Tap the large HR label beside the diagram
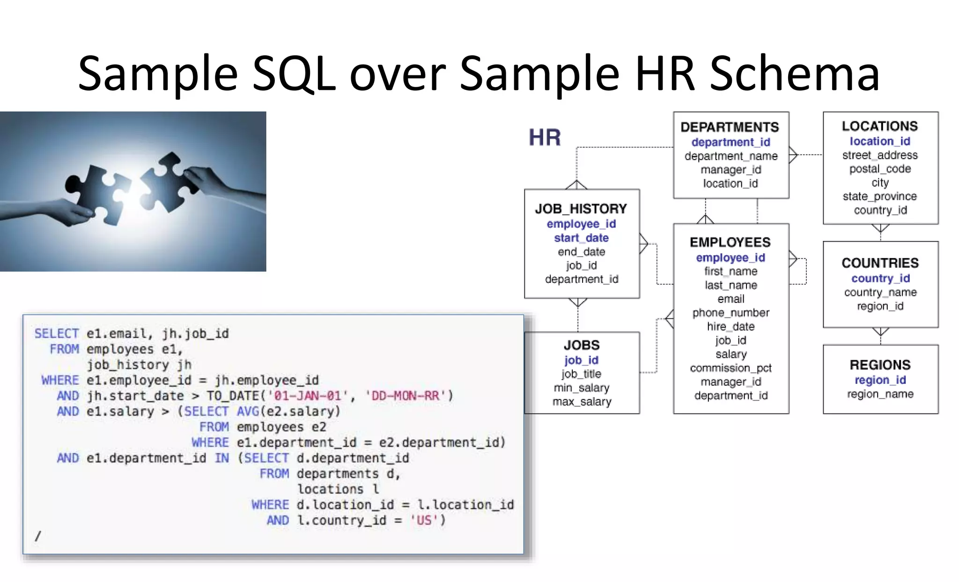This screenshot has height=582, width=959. (x=545, y=138)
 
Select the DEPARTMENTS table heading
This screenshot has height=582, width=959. (x=730, y=127)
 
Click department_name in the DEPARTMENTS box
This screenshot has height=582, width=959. (x=730, y=156)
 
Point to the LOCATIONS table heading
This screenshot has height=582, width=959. (x=879, y=126)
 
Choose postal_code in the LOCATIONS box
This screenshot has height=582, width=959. (x=880, y=169)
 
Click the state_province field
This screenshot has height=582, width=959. (x=879, y=196)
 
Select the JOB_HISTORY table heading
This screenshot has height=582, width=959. (x=581, y=209)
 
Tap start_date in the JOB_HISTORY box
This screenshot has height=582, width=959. (x=581, y=238)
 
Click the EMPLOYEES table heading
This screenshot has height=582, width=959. (x=730, y=242)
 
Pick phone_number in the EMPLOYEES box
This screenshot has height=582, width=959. (x=730, y=313)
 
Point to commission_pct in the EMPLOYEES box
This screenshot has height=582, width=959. (x=730, y=368)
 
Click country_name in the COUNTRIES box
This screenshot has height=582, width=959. (x=880, y=292)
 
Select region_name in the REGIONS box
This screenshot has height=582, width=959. (x=880, y=394)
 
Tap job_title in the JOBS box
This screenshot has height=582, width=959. (x=581, y=374)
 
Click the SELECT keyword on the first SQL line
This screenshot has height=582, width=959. (x=57, y=334)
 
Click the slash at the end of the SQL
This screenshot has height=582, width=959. (x=38, y=536)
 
